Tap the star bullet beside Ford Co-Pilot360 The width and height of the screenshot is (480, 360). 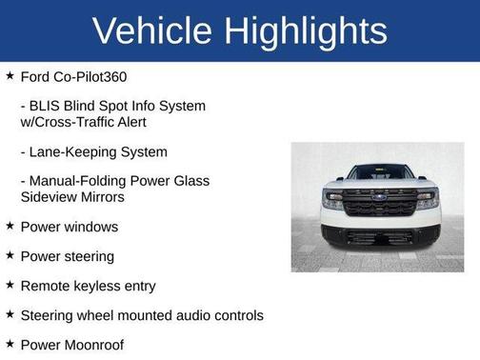point(10,74)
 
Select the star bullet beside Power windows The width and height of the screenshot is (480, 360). point(10,226)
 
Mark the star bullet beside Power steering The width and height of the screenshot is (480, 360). point(10,255)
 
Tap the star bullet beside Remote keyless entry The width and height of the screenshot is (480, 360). point(10,285)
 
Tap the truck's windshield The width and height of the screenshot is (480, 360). point(379,172)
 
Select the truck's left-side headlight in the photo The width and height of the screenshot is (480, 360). point(332,201)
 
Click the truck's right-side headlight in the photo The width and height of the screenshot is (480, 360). point(427,201)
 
